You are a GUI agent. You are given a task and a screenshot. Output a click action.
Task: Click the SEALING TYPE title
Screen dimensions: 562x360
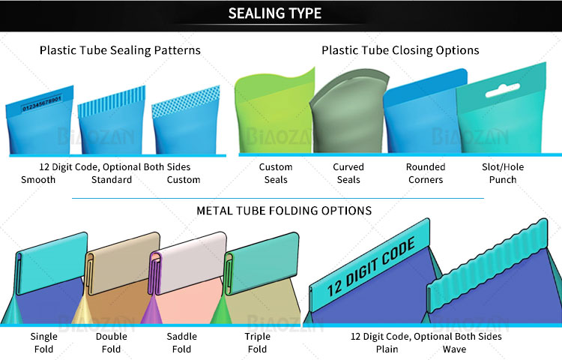(275, 13)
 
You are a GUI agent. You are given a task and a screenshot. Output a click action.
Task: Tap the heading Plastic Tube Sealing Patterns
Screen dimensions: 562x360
(120, 50)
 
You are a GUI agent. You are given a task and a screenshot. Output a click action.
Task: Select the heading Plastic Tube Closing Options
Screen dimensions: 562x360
(400, 50)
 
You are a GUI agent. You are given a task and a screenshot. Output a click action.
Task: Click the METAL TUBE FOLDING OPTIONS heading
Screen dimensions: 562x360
(284, 211)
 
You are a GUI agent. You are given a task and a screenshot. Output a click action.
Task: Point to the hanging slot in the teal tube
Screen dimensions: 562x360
(503, 90)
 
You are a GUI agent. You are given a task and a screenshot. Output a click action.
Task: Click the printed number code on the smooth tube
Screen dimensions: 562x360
(42, 103)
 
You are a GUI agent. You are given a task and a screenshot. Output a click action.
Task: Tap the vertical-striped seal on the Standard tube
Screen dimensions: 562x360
(112, 101)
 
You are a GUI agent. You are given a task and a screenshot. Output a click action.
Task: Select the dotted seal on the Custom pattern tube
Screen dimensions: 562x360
(186, 101)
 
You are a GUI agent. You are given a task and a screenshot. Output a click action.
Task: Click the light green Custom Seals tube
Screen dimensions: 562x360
(274, 111)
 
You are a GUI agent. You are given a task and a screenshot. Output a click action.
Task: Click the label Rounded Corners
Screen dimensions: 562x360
(426, 173)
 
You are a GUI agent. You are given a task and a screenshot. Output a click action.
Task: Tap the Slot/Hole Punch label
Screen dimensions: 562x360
(503, 173)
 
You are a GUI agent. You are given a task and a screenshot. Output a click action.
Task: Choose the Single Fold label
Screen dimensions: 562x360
(43, 343)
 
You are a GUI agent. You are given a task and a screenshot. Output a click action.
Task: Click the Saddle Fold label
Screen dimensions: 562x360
(182, 343)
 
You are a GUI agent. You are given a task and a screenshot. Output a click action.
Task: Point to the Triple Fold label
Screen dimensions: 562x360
(257, 343)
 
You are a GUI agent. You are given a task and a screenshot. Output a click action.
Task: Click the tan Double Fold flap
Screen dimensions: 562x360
(124, 263)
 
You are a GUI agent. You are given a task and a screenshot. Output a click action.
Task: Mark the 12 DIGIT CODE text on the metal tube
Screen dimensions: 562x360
(372, 267)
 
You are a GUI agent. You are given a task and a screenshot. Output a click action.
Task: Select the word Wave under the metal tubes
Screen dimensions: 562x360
(455, 349)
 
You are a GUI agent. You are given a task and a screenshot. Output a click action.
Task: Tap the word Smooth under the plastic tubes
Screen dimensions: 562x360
(38, 180)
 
